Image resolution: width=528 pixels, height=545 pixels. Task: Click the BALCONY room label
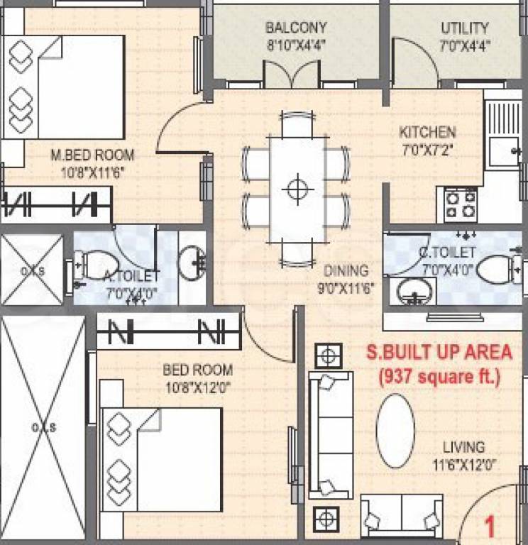tap(296, 28)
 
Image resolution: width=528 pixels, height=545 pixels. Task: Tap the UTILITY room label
tap(465, 28)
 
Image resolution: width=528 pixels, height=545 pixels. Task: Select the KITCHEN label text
tap(427, 133)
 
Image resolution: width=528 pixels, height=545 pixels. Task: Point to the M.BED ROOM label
tap(92, 155)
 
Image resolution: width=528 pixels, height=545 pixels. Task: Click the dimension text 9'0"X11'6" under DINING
tap(346, 288)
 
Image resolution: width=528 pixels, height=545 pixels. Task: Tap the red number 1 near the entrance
tap(489, 527)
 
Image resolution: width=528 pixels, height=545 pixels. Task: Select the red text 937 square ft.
tap(439, 376)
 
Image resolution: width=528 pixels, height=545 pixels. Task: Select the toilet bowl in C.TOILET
tap(497, 268)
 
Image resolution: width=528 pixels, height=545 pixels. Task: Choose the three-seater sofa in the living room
tap(330, 434)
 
